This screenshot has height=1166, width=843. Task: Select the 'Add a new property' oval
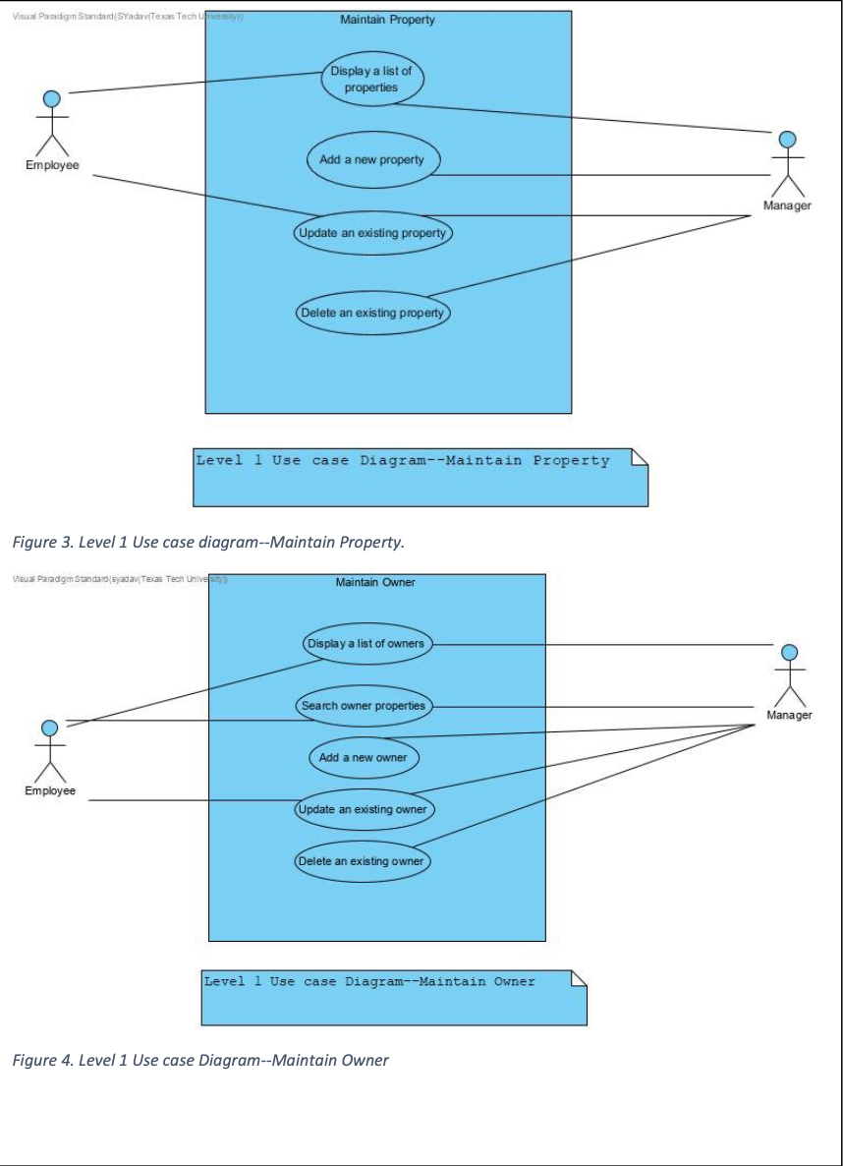(371, 159)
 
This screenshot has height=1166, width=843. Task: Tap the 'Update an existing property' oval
(372, 234)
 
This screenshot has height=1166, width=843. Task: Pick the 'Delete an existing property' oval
(372, 313)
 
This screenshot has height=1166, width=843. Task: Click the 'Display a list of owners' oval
(365, 644)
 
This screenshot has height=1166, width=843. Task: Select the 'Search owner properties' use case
(364, 706)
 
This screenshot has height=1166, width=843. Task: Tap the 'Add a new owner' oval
(363, 758)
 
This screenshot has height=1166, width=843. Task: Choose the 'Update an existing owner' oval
(364, 810)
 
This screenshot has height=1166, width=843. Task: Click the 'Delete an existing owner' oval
(363, 861)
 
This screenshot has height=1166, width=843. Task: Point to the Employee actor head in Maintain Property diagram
(52, 98)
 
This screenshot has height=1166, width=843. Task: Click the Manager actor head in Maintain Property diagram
(787, 140)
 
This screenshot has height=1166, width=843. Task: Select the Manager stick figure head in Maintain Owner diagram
(789, 653)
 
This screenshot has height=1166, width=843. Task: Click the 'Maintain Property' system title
(387, 20)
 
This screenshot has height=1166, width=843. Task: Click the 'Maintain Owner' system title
(375, 583)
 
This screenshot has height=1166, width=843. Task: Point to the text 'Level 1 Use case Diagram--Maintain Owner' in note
(369, 981)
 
